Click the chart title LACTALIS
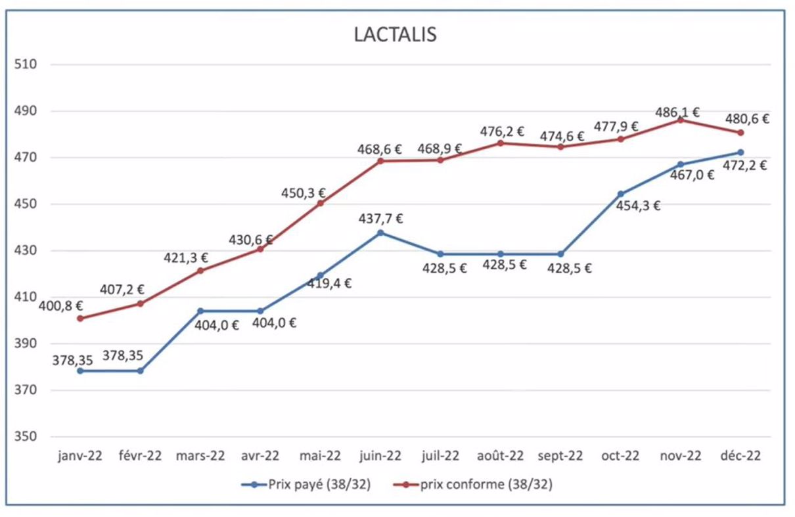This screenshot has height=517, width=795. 396,34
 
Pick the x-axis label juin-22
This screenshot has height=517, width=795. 380,457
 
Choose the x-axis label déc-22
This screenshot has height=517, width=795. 740,457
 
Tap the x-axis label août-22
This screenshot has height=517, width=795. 500,457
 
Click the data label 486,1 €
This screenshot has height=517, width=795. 678,112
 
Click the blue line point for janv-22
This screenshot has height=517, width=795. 80,371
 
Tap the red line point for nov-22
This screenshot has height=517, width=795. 681,120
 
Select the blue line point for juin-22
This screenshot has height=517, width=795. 380,233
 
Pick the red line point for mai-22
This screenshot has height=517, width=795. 321,204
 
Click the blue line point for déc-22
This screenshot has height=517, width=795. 740,152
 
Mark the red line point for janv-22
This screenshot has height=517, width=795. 80,319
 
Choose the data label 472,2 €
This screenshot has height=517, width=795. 745,166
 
